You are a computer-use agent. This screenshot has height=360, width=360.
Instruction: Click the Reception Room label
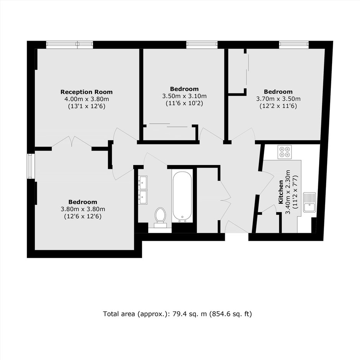coord(87,92)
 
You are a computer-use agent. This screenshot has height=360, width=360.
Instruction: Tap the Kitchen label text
coord(281,192)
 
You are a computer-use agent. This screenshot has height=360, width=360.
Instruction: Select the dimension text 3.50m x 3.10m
coord(184,96)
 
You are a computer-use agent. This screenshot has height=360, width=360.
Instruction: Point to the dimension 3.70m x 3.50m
coord(278,99)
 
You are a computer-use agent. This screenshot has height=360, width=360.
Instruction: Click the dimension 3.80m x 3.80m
coord(83,209)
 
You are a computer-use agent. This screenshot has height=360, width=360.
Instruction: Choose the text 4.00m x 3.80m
coord(87,99)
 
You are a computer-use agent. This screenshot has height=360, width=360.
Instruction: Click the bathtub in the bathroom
coord(182,197)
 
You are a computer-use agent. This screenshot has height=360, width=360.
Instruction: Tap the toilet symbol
coord(160,218)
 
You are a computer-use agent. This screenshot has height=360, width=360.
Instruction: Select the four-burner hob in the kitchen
coord(285,152)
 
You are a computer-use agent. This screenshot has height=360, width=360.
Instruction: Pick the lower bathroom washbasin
coord(142,197)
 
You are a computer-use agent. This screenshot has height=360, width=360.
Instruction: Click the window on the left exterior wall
coord(31,166)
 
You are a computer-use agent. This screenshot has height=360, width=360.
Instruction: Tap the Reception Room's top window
coord(70,44)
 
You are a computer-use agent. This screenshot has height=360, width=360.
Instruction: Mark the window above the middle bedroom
coord(202,44)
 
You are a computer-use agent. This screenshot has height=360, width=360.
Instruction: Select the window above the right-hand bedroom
coord(294,44)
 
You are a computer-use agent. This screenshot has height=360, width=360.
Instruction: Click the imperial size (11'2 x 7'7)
coord(295,192)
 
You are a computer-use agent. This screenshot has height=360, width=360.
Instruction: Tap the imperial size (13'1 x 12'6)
coord(87,106)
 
